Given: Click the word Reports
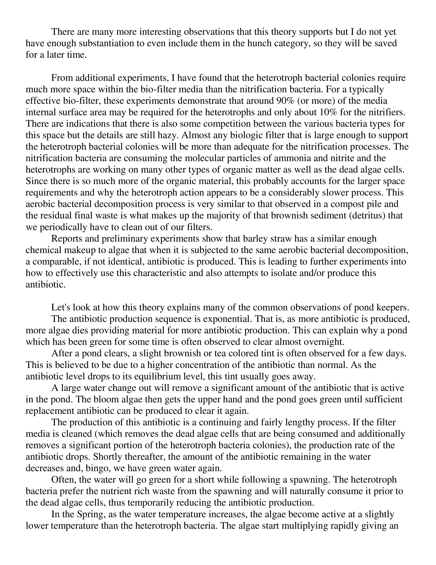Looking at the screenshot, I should tap(66, 238).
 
